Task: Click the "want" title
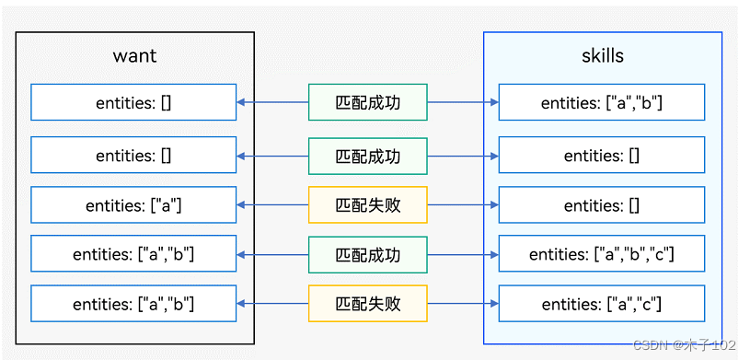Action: (134, 55)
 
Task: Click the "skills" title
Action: (603, 55)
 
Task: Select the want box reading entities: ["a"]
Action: (133, 204)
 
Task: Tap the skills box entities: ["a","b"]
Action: (602, 103)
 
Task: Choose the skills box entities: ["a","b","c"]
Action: (602, 254)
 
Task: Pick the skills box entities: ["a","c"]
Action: (602, 304)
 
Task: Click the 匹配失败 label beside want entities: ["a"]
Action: (368, 204)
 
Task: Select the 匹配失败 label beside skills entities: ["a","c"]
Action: (368, 304)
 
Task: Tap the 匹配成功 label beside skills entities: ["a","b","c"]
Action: (368, 254)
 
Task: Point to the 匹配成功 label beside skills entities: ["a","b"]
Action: (368, 103)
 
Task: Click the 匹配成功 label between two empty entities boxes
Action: (368, 155)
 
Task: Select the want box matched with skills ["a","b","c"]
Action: (133, 254)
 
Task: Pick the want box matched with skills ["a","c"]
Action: (133, 304)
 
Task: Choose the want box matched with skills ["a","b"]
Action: (133, 103)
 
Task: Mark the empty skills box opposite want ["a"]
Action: (602, 204)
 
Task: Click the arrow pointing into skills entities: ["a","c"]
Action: (493, 304)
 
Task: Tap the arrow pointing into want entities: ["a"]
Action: (243, 204)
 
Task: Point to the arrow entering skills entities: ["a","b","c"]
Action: (493, 254)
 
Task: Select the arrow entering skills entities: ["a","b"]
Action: (493, 103)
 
